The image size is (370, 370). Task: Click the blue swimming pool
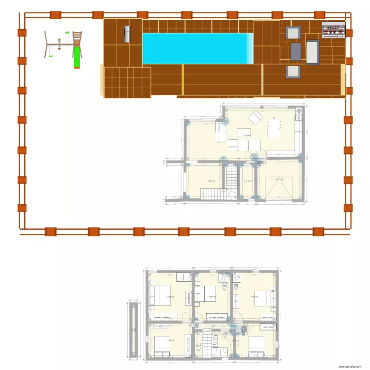coord(197,48)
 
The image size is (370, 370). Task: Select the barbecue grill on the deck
coord(334,30)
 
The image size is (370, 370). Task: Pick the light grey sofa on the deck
coord(313,52)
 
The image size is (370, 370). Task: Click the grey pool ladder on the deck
coord(127,34)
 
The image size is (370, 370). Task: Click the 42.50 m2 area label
coord(246,135)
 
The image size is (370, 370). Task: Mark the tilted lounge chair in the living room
coord(256,118)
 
